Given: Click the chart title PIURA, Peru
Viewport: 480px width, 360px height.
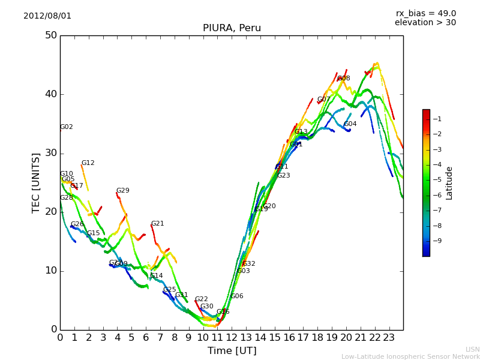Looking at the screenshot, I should [x=232, y=28].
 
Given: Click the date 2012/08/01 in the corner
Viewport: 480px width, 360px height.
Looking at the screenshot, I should [x=47, y=16].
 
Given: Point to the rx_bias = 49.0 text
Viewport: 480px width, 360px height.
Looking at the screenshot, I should [x=425, y=14].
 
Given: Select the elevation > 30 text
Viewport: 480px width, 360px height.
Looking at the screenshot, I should [x=425, y=23].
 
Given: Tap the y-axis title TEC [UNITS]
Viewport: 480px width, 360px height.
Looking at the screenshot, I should [x=36, y=182].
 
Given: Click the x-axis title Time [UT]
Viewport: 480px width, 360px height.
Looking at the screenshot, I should [x=232, y=351].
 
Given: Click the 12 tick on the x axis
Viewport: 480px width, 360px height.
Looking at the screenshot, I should [x=232, y=337].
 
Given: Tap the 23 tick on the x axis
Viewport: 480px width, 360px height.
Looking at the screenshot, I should [x=389, y=337].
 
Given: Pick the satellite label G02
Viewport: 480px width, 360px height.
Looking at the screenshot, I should [x=67, y=127].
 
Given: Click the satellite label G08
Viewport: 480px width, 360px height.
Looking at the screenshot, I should [x=344, y=79].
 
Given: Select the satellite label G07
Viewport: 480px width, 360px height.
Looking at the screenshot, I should [x=324, y=100].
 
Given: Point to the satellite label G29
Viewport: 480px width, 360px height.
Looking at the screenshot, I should [x=123, y=191].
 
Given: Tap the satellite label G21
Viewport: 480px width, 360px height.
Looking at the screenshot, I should [x=158, y=224].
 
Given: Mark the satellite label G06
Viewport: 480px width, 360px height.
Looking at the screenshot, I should [x=237, y=296].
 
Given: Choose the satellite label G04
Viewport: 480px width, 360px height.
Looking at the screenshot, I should [x=350, y=124].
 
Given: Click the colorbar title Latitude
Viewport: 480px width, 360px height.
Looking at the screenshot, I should [x=449, y=183].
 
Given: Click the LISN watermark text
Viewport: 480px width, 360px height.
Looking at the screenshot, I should [x=472, y=349].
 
